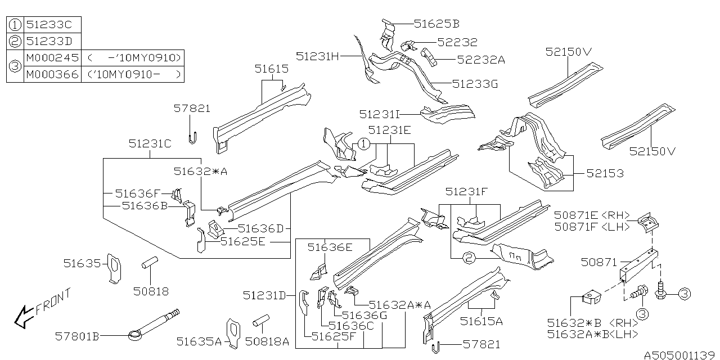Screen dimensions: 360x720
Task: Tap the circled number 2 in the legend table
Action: pyautogui.click(x=16, y=42)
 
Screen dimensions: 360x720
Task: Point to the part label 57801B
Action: pyautogui.click(x=77, y=336)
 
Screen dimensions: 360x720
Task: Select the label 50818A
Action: pyautogui.click(x=267, y=341)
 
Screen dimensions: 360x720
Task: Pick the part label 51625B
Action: pyautogui.click(x=436, y=24)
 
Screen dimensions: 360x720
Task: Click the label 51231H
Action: pyautogui.click(x=318, y=56)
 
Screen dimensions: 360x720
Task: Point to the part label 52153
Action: pyautogui.click(x=605, y=173)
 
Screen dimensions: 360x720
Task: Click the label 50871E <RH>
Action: pyautogui.click(x=592, y=214)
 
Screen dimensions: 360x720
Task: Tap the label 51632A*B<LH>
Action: pyautogui.click(x=592, y=334)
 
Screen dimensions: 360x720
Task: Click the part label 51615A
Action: pyautogui.click(x=481, y=321)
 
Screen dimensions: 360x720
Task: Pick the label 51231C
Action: pyautogui.click(x=150, y=143)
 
